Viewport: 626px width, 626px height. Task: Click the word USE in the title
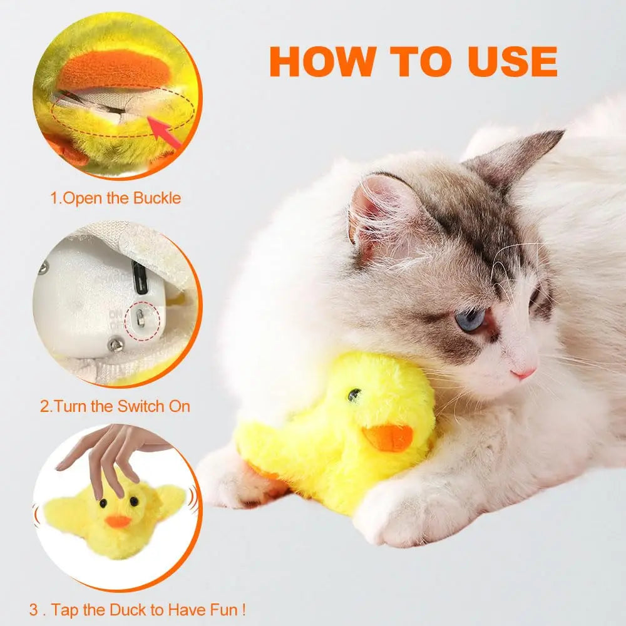tap(513, 61)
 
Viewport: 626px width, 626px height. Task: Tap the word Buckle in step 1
tap(157, 198)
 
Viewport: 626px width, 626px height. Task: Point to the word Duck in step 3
tap(128, 610)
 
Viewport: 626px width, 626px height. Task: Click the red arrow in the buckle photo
tap(163, 130)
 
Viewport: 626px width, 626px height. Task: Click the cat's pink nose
tap(523, 374)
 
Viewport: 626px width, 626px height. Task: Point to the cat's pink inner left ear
tap(379, 212)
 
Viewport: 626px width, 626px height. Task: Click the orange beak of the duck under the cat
tap(387, 437)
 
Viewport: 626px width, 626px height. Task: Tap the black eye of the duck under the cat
tap(354, 394)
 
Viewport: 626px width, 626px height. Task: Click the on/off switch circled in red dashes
tap(140, 318)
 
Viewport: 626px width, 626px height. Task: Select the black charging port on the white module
tap(140, 277)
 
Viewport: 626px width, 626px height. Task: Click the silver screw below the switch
tap(116, 344)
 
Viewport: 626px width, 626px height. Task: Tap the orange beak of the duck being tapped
tap(118, 521)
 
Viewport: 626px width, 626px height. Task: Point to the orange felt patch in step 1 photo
tap(115, 71)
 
